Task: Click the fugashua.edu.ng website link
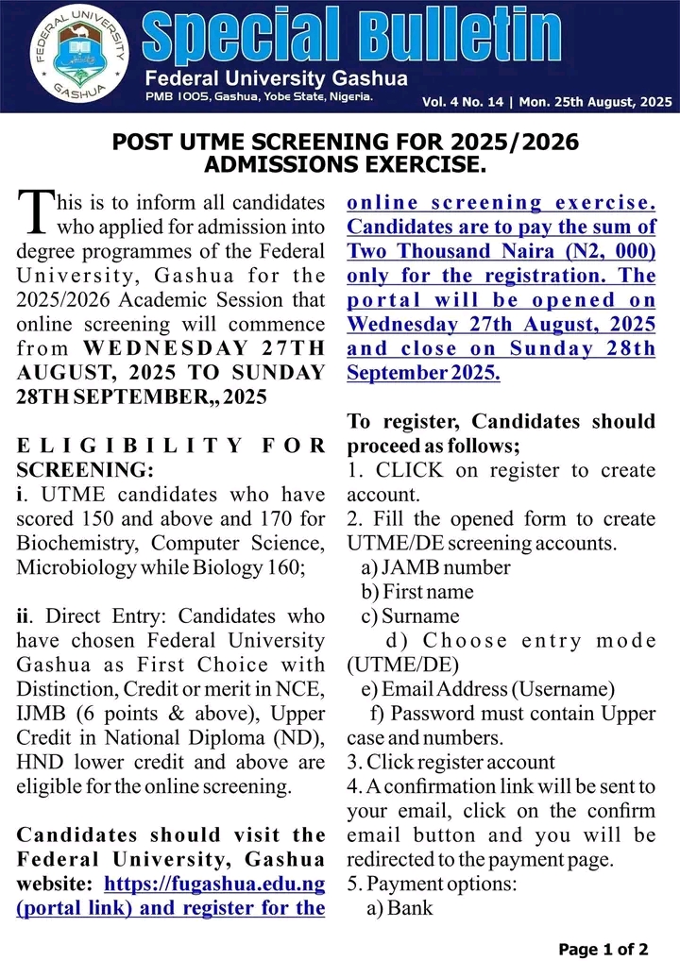pos(214,885)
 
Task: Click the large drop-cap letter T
pos(34,212)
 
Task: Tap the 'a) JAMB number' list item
pos(435,567)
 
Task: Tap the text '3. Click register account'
pos(450,762)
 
